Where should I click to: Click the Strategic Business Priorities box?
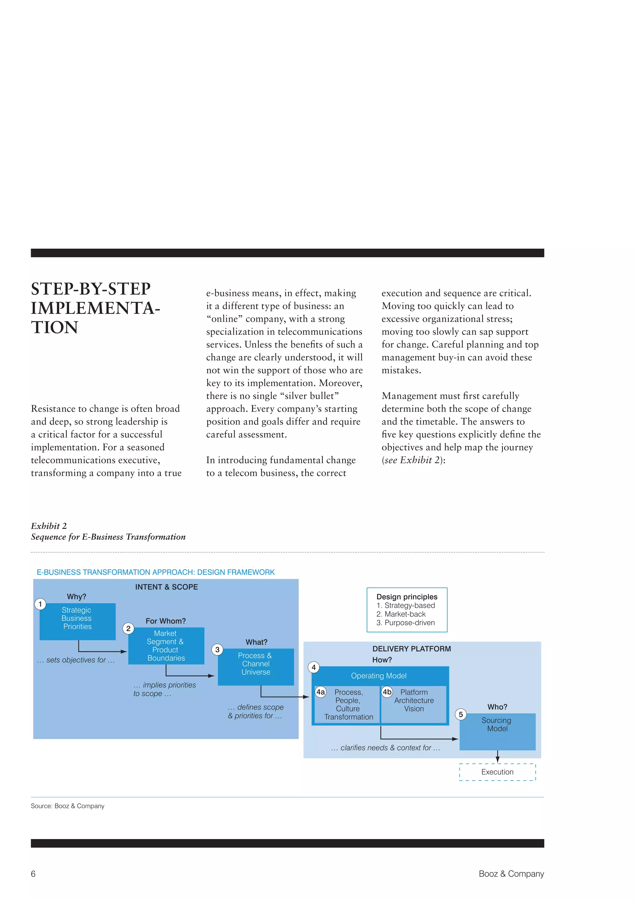pos(77,621)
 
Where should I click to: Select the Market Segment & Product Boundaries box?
pos(166,646)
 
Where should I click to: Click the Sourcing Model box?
pos(497,731)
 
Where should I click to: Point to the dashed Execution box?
pos(497,772)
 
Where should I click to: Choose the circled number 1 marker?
pos(40,604)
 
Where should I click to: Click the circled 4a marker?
pos(320,692)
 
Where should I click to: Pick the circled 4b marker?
pos(387,692)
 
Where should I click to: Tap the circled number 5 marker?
pos(461,714)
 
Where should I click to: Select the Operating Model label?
pos(379,676)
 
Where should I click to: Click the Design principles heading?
pos(407,597)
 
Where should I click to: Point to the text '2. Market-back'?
pos(401,614)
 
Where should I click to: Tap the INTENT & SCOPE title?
pos(166,587)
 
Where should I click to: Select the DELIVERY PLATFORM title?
pos(411,649)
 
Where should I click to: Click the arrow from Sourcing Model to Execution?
pos(497,756)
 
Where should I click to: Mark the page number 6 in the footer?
pos(33,874)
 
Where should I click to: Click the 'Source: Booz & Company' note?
pos(67,806)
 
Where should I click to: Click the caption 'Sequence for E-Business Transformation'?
pos(108,537)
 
